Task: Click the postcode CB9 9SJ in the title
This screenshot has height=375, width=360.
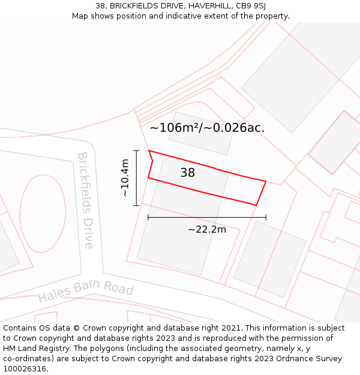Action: [251, 6]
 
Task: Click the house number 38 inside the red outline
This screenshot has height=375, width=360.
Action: [187, 173]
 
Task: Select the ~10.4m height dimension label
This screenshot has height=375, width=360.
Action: [124, 178]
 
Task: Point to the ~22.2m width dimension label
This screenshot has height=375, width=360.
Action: [207, 229]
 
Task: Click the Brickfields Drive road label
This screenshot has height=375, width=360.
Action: [86, 200]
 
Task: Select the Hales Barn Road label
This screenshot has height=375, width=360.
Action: [85, 290]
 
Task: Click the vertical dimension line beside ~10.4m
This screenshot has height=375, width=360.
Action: [137, 178]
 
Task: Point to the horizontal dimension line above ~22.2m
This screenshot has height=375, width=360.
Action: [207, 217]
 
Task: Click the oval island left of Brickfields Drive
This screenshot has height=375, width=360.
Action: [43, 213]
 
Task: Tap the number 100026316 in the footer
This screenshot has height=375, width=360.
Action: [23, 369]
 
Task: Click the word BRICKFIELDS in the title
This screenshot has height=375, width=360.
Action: [134, 6]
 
